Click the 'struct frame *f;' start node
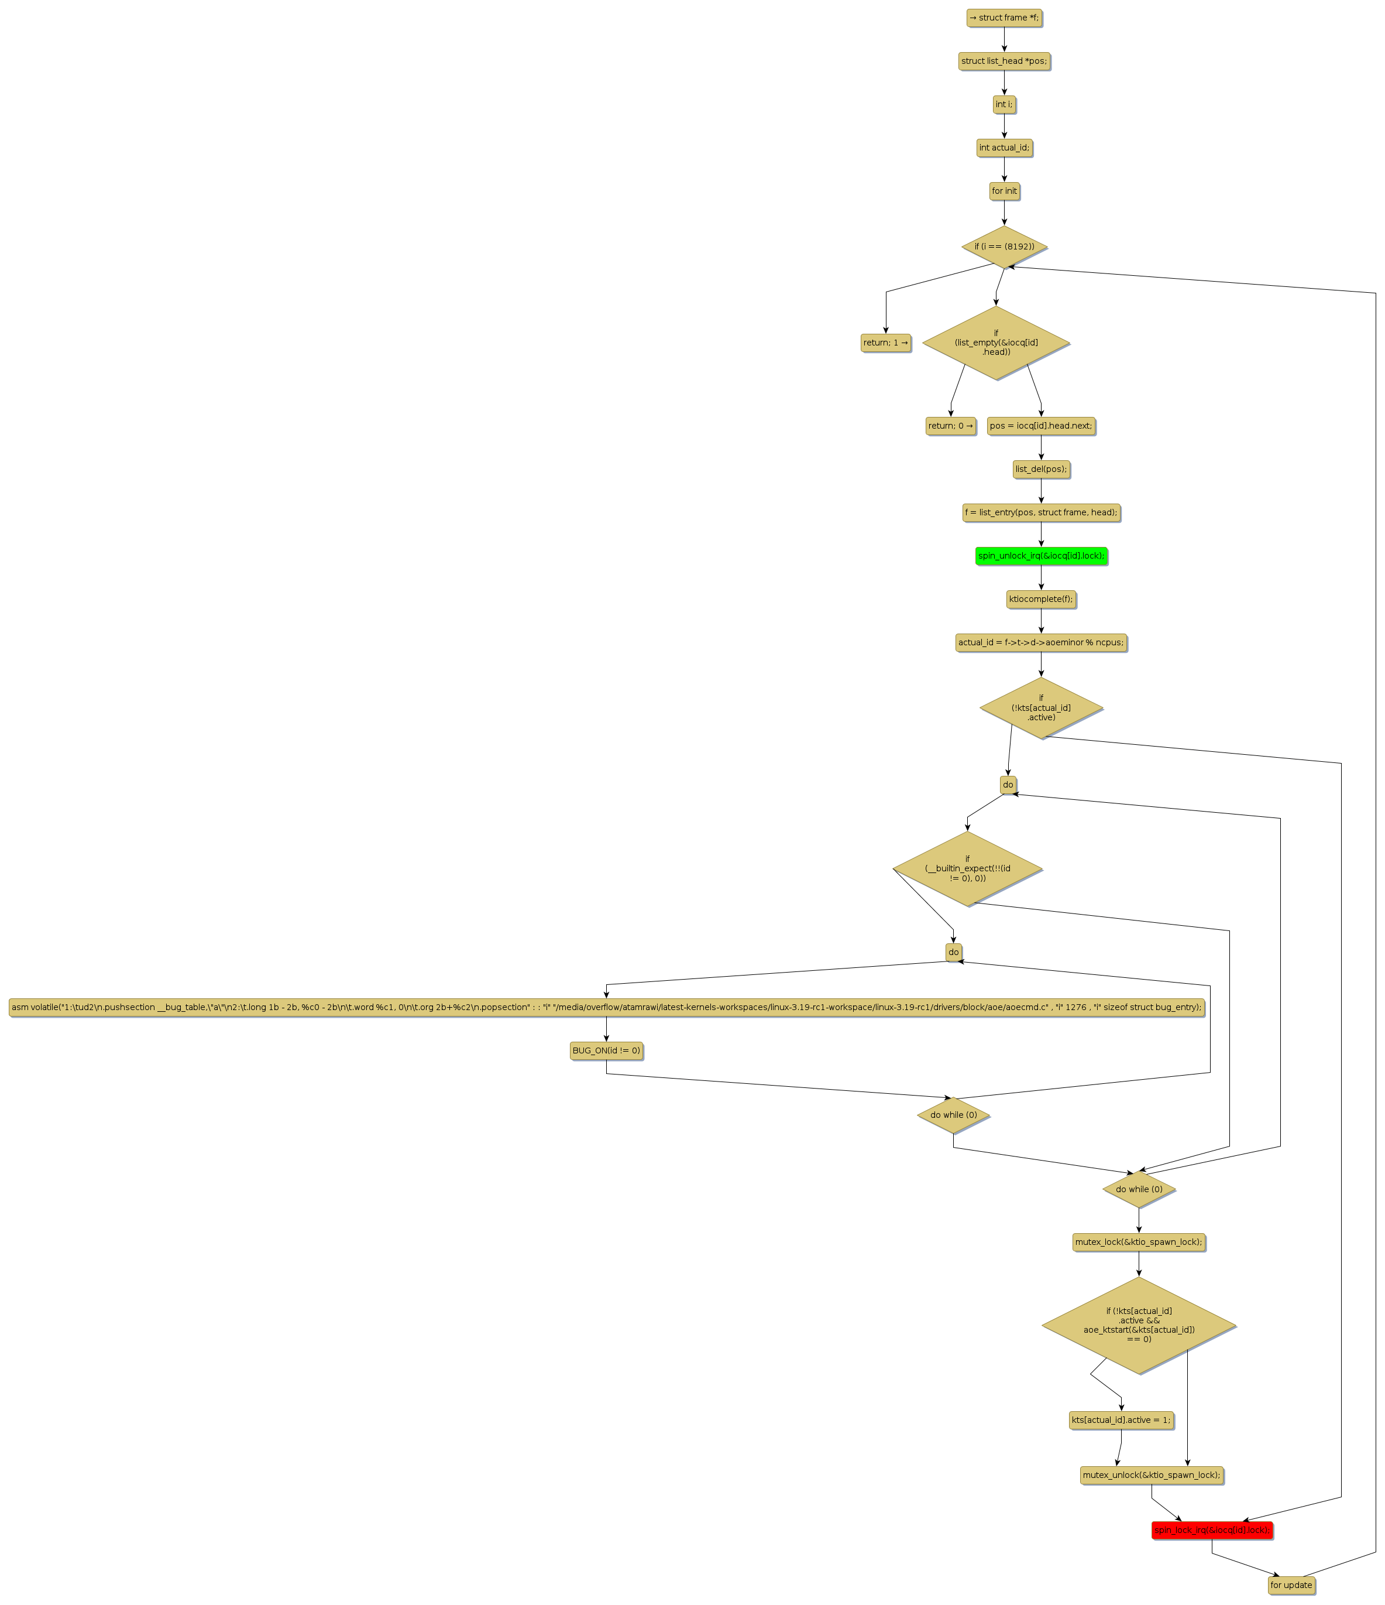(x=1003, y=18)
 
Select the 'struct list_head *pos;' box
(x=1003, y=61)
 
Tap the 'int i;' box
(x=1003, y=105)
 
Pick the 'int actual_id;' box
(x=1003, y=148)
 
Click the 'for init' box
(x=1003, y=191)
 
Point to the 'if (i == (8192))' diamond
(x=1003, y=247)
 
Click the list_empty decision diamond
(x=995, y=343)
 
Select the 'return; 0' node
(x=950, y=426)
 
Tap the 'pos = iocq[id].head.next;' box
(x=1040, y=426)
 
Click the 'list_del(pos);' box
(x=1040, y=470)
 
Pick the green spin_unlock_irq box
(x=1040, y=556)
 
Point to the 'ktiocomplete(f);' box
(x=1040, y=600)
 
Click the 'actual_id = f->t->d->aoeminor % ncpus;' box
(x=1040, y=643)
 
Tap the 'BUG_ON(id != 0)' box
(x=606, y=1051)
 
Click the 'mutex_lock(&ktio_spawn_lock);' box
(x=1138, y=1243)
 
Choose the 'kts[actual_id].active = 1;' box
(x=1121, y=1421)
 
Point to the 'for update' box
(x=1291, y=1586)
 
